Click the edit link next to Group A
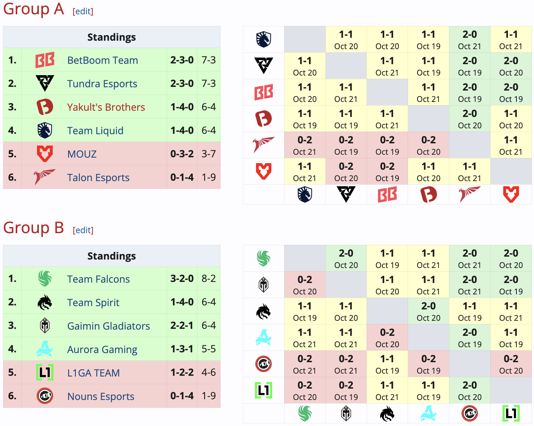pos(83,11)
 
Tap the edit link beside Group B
pos(83,230)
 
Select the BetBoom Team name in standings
pos(103,60)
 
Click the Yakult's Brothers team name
pos(106,107)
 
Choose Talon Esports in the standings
pos(98,177)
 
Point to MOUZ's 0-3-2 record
pos(182,154)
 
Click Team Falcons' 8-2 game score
pos(208,279)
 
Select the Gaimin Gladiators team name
pos(108,326)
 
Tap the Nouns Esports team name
pos(101,396)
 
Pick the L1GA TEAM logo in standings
pos(45,372)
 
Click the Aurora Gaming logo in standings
pos(45,349)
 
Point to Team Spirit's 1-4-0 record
pos(182,302)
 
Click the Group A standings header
pos(111,37)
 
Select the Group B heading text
pos(33,228)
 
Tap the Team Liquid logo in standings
pos(45,131)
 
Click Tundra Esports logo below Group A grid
pos(346,194)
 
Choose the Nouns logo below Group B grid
pos(470,414)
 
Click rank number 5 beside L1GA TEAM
pos(12,372)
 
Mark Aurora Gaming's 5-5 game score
pos(208,349)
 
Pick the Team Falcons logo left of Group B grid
pos(263,258)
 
